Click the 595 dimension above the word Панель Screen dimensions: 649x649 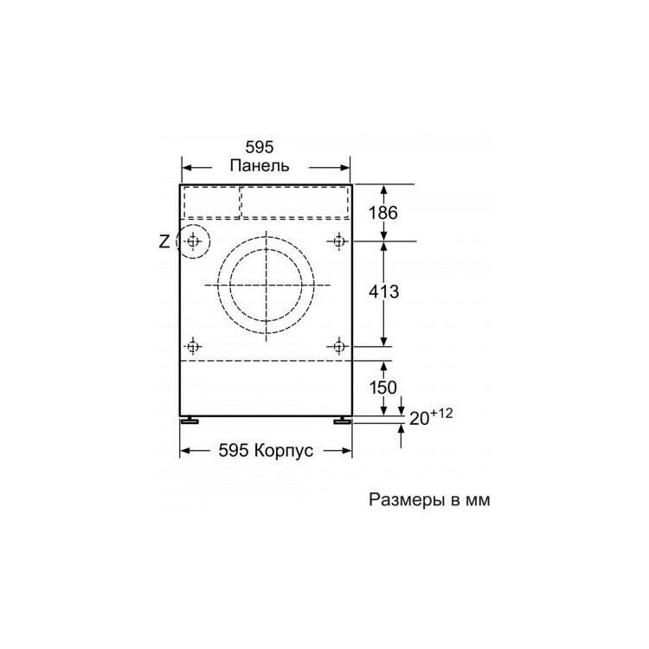click(x=260, y=147)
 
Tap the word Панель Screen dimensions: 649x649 click(x=260, y=165)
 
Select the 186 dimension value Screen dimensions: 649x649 click(x=383, y=213)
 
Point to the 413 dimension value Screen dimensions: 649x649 click(x=384, y=292)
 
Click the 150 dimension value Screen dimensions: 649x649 click(x=383, y=388)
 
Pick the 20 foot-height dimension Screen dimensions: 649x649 click(x=419, y=419)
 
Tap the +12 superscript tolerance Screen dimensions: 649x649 click(x=441, y=413)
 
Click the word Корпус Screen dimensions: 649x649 click(x=284, y=450)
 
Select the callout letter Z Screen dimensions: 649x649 click(x=164, y=241)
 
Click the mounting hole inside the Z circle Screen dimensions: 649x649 click(x=192, y=241)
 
